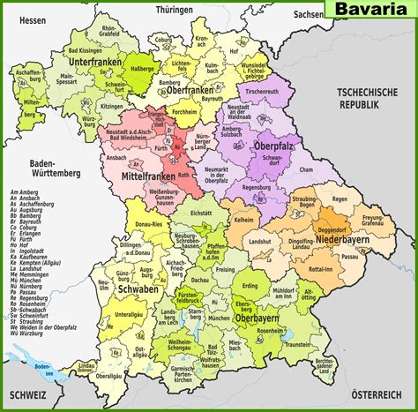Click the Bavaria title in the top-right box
point(370,10)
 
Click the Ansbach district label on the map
point(115,158)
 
